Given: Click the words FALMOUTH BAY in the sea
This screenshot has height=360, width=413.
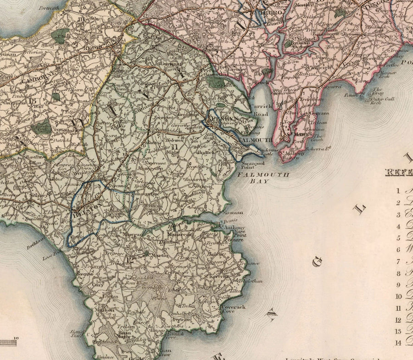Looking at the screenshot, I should pyautogui.click(x=263, y=178).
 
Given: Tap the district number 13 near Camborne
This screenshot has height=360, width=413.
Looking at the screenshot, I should pyautogui.click(x=32, y=100).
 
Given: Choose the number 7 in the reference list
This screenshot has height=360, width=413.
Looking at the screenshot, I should pyautogui.click(x=398, y=262).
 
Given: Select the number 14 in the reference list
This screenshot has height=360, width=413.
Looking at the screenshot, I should pyautogui.click(x=397, y=343).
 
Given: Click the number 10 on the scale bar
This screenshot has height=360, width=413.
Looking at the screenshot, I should pyautogui.click(x=17, y=338).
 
